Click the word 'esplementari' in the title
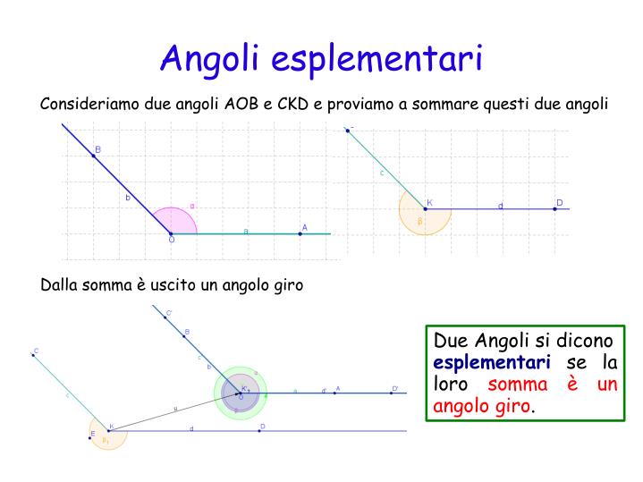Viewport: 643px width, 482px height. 376,58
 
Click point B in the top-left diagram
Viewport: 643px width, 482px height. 93,156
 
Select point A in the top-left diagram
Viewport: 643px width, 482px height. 300,233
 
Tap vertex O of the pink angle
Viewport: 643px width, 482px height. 171,233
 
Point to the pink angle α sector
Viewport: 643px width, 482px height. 175,223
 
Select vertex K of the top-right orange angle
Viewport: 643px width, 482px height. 425,209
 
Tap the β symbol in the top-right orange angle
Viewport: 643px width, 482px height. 419,221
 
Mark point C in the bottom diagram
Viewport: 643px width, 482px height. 33,355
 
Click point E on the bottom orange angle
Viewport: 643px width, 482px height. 91,435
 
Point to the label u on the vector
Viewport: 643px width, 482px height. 175,409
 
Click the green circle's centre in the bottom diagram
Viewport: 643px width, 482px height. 240,392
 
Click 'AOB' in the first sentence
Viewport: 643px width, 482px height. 241,104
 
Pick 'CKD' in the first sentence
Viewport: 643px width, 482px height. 292,104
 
